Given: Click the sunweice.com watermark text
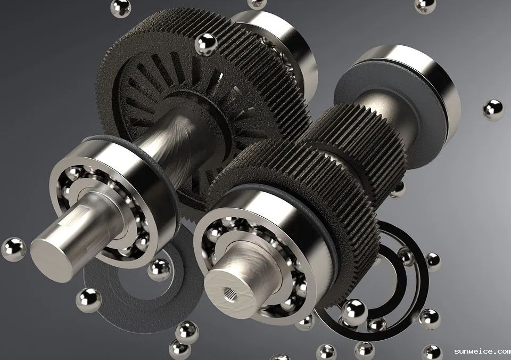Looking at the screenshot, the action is tap(482, 351).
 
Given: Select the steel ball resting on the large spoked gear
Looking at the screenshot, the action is tap(205, 44).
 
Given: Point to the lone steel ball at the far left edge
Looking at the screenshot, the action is tap(13, 249).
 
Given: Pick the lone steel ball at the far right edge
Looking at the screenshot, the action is tap(493, 110).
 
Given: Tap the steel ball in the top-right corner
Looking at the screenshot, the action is tap(425, 5).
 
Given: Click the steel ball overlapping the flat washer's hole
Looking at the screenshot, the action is tap(159, 269).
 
